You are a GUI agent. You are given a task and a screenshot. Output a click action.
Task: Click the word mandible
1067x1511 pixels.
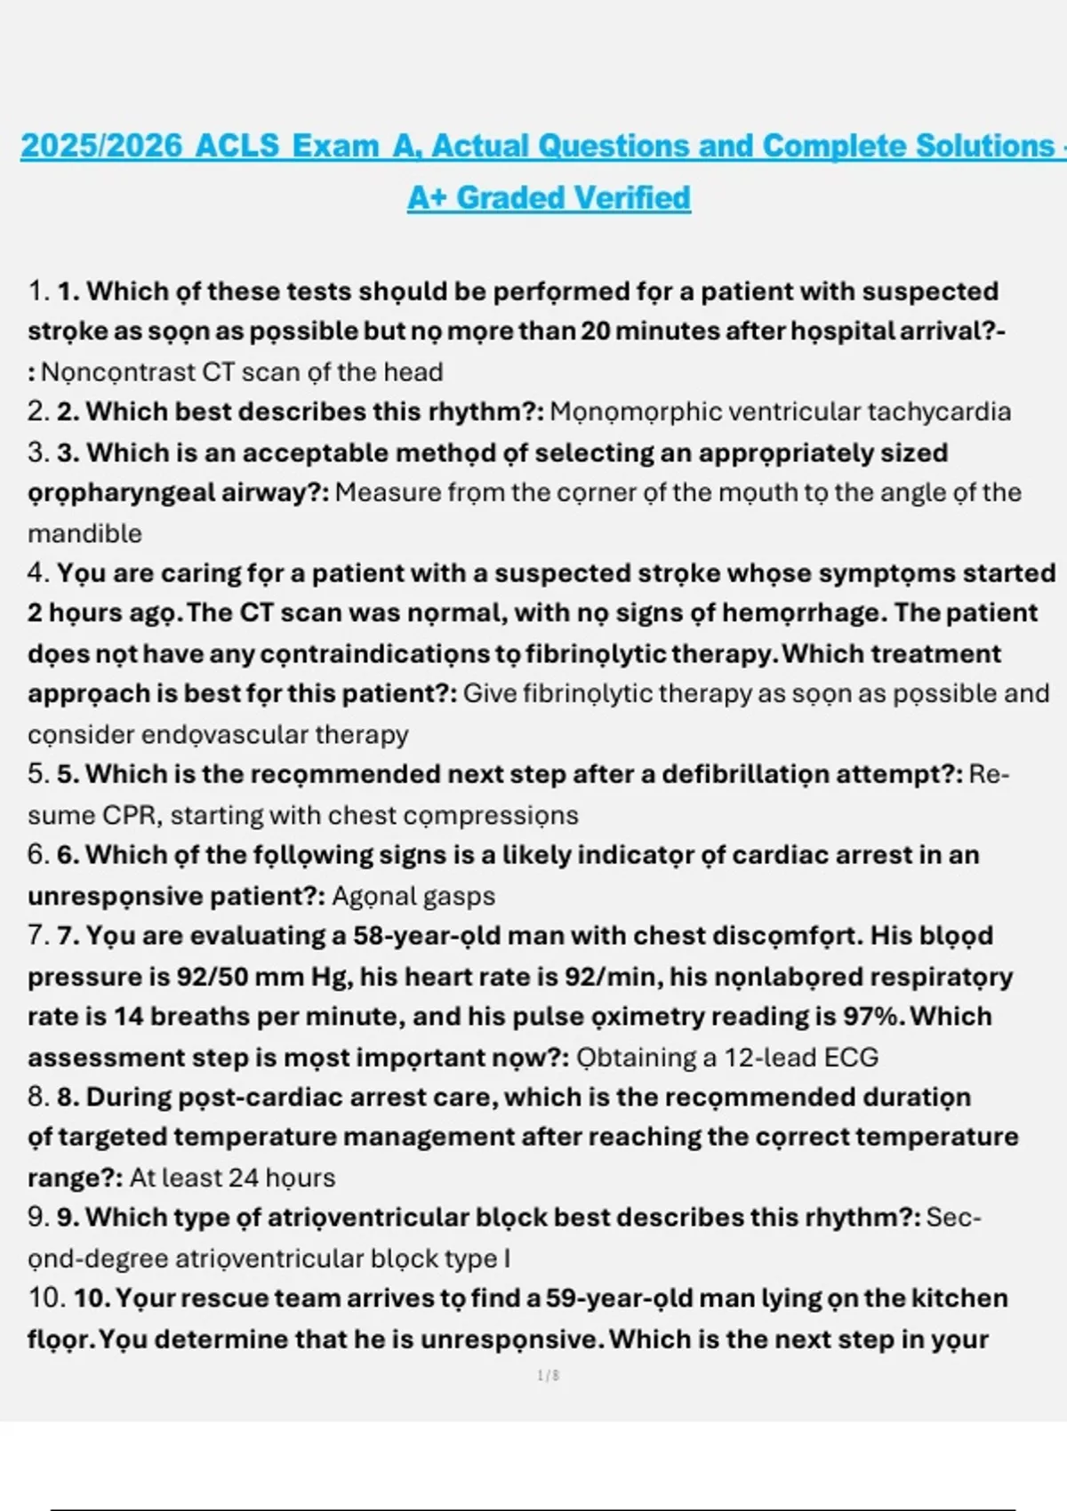84,533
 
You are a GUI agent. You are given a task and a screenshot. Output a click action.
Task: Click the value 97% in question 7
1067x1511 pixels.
873,1016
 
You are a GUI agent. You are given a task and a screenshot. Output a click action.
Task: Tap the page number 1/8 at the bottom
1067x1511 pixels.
549,1376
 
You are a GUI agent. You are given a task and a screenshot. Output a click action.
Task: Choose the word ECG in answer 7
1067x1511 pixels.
851,1057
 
